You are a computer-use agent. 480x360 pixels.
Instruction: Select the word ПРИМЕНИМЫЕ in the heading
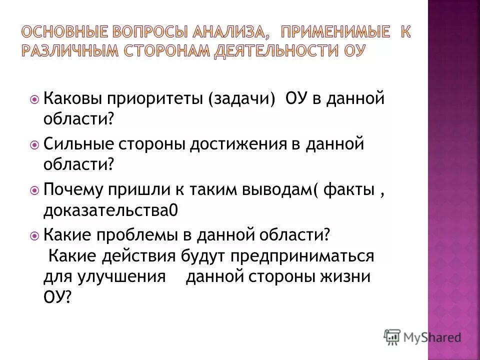pyautogui.click(x=334, y=33)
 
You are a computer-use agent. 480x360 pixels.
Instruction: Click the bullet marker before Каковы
pyautogui.click(x=34, y=99)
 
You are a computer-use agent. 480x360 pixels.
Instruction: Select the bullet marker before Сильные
pyautogui.click(x=34, y=145)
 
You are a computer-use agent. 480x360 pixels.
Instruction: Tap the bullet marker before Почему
pyautogui.click(x=34, y=190)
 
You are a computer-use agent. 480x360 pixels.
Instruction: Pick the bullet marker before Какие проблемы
pyautogui.click(x=34, y=235)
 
